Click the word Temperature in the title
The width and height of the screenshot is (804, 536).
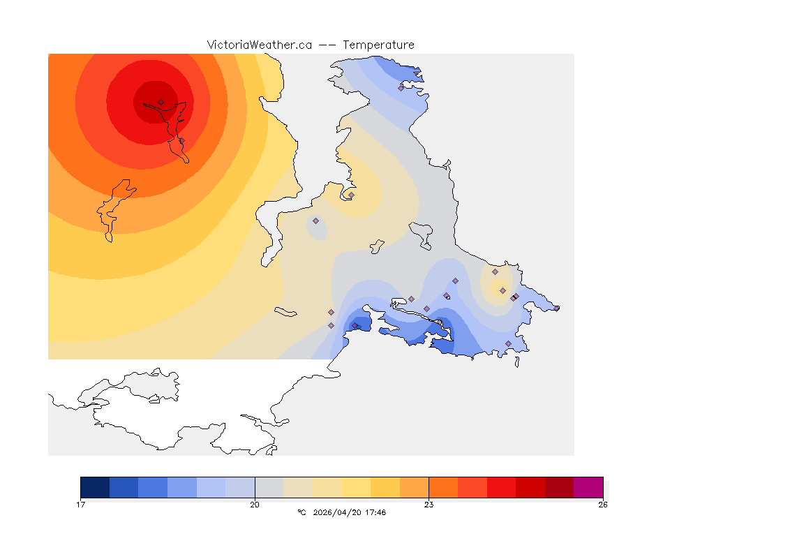pos(378,45)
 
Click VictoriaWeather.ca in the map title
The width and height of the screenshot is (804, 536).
pos(259,45)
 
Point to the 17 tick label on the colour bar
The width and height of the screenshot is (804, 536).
pos(82,504)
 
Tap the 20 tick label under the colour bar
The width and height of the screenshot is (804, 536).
pos(255,504)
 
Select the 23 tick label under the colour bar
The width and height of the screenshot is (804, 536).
pos(429,504)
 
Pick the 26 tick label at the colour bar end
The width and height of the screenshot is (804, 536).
pos(602,504)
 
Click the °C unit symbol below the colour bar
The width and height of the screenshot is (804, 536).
pos(301,512)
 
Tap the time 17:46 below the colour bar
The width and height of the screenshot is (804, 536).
pos(375,512)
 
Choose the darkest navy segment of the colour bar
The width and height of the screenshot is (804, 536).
pos(95,487)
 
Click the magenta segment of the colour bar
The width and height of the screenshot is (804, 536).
pos(588,487)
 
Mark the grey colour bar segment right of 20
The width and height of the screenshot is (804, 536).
pos(269,487)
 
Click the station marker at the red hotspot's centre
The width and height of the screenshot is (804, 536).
pos(161,102)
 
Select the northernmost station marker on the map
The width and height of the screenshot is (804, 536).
pos(401,88)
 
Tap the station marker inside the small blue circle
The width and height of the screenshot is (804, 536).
pos(315,221)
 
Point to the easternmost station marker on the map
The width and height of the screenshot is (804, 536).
pos(516,296)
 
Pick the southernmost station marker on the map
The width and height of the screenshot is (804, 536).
pos(508,343)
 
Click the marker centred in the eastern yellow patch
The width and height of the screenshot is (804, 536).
pos(502,290)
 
